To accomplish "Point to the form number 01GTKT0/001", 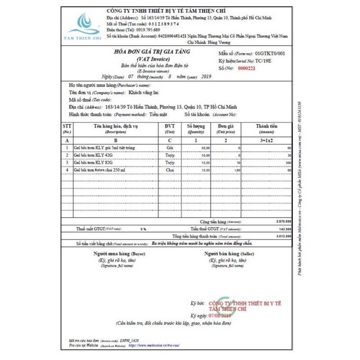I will [270, 53].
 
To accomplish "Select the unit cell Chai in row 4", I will [170, 170].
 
